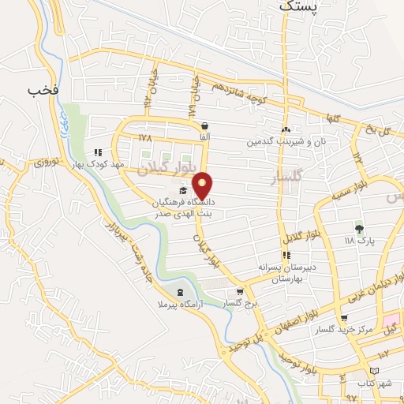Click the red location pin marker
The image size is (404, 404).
tap(204, 185)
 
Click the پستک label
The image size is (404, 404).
tap(301, 6)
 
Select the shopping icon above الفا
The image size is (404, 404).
tap(205, 125)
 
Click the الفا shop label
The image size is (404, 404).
tap(205, 137)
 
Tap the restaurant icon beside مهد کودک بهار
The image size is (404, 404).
tap(99, 152)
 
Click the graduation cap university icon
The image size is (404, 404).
tap(183, 190)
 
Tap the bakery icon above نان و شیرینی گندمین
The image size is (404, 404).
tap(286, 130)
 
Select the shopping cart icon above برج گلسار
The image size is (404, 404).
tap(240, 292)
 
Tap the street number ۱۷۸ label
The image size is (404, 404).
tap(144, 137)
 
